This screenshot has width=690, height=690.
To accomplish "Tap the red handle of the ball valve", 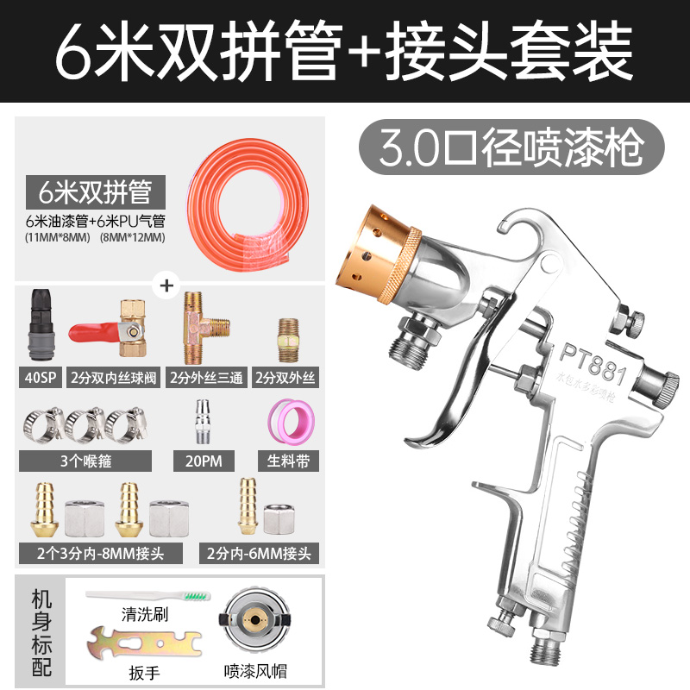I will [x=91, y=331].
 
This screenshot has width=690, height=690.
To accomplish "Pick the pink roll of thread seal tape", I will [x=286, y=424].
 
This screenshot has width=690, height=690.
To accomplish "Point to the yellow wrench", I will [x=143, y=645].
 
